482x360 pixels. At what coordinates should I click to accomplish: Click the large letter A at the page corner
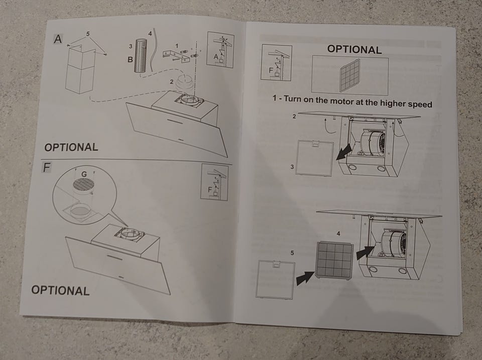point(58,39)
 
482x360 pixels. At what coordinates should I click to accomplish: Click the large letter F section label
point(46,168)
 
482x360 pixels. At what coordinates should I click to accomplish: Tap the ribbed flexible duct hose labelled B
point(142,56)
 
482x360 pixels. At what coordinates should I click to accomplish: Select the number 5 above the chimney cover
point(88,34)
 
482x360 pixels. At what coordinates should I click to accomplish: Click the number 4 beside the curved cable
point(150,34)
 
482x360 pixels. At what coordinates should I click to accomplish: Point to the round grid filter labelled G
point(83,184)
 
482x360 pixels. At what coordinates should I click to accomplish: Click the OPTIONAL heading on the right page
point(354,49)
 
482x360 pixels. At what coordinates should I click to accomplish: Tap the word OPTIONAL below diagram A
point(71,147)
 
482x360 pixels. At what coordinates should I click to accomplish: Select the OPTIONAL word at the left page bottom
point(60,290)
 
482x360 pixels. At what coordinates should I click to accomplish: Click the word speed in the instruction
point(420,104)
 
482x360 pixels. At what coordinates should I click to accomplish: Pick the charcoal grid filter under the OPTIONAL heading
point(350,76)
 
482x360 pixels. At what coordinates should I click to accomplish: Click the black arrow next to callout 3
point(344,152)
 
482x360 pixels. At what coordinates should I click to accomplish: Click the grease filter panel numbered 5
point(275,280)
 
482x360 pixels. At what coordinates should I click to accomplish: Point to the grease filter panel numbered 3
point(314,158)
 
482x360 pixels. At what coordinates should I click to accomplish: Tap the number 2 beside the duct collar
point(172,82)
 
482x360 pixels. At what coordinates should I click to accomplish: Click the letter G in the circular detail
point(84,174)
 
